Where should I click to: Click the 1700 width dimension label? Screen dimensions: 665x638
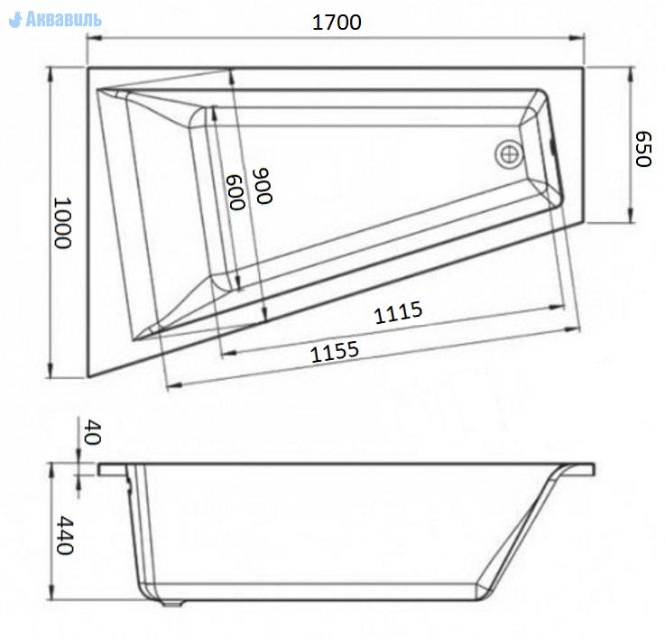pyautogui.click(x=337, y=23)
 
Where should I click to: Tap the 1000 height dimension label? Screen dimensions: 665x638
pyautogui.click(x=63, y=223)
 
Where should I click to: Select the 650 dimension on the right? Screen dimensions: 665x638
pyautogui.click(x=643, y=149)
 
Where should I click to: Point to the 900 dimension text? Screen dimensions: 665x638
pyautogui.click(x=262, y=186)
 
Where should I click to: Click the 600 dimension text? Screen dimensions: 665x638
pyautogui.click(x=236, y=192)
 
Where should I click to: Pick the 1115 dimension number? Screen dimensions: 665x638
pyautogui.click(x=398, y=312)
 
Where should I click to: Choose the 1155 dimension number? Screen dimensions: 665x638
pyautogui.click(x=335, y=352)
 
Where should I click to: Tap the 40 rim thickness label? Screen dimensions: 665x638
pyautogui.click(x=92, y=432)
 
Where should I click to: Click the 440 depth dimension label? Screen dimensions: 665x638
pyautogui.click(x=65, y=535)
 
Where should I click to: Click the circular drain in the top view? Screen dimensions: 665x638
pyautogui.click(x=509, y=154)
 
